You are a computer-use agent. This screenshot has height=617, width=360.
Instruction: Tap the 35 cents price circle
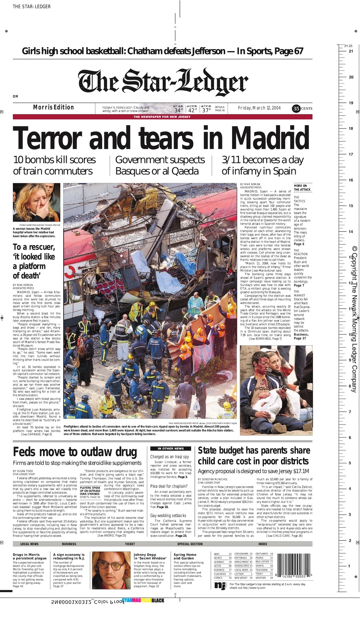[x=296, y=108]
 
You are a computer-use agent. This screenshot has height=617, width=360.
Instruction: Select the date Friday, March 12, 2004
[x=259, y=108]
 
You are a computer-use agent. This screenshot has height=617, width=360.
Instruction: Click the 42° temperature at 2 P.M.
[x=192, y=110]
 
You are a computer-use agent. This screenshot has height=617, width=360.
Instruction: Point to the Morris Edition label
[x=53, y=107]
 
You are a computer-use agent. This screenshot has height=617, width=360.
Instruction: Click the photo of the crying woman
[x=36, y=202]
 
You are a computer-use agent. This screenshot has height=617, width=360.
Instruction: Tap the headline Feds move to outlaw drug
[x=75, y=452]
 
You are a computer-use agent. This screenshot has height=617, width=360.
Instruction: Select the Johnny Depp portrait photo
[x=111, y=570]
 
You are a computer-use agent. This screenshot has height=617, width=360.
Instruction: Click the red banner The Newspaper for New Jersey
[x=162, y=117]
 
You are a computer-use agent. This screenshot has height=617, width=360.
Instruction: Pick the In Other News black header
[x=171, y=449]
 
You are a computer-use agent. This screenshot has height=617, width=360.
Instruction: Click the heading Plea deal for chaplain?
[x=169, y=486]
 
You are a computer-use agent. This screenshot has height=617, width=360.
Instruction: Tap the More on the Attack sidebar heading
[x=301, y=188]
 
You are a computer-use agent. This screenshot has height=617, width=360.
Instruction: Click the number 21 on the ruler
[x=351, y=51]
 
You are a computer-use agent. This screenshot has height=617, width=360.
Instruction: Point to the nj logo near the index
[x=220, y=585]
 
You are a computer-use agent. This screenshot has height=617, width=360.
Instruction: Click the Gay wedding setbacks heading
[x=168, y=515]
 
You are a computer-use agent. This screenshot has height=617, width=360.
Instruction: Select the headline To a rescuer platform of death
[x=34, y=261]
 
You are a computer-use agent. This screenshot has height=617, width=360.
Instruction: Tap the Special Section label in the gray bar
[x=190, y=544]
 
